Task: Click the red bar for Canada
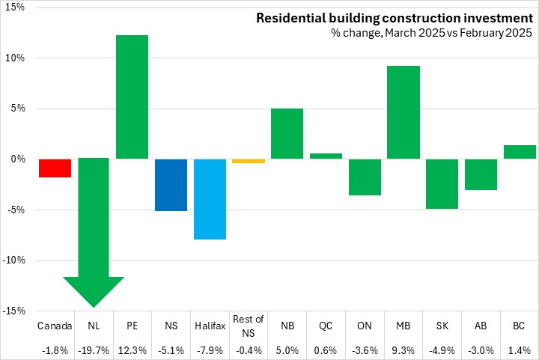(x=55, y=168)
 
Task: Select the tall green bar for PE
(x=133, y=97)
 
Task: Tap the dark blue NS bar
(x=171, y=185)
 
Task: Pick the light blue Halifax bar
(x=210, y=199)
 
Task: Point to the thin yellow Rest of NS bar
(x=249, y=161)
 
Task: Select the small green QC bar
(x=326, y=156)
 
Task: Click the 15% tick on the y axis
(x=16, y=7)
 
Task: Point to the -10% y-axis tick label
(x=14, y=260)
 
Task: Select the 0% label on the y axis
(x=19, y=159)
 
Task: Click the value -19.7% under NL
(x=94, y=349)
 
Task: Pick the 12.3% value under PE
(x=133, y=349)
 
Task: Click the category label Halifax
(x=210, y=326)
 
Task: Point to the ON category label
(x=365, y=326)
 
